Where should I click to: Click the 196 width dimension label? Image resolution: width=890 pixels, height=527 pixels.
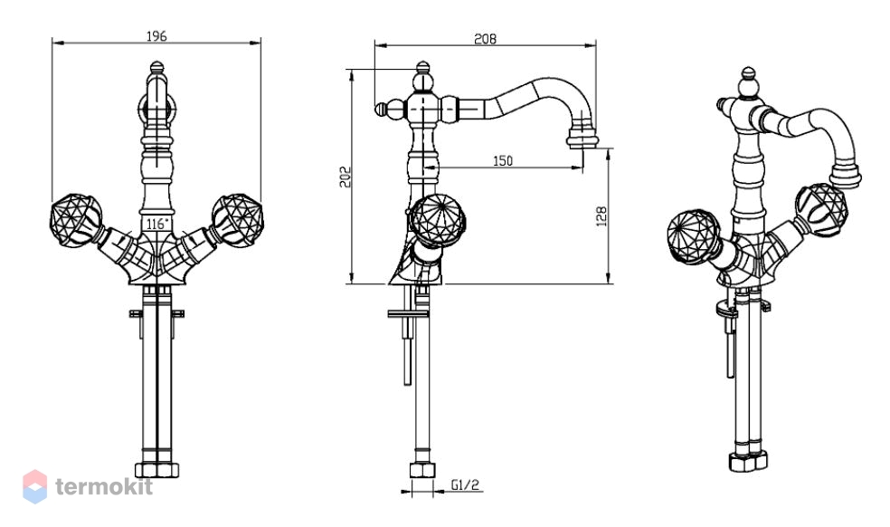[x=156, y=36]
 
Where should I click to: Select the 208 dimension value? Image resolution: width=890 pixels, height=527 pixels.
[x=485, y=39]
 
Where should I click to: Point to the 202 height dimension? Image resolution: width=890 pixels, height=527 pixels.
[x=346, y=177]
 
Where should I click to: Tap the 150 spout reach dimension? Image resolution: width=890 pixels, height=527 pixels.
[x=502, y=161]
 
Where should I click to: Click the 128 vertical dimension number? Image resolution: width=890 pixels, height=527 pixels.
[x=601, y=216]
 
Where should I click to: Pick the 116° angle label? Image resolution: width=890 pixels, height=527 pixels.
[x=157, y=224]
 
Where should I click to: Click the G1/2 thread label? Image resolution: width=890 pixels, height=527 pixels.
[x=466, y=485]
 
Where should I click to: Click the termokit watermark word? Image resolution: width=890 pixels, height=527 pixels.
[x=104, y=486]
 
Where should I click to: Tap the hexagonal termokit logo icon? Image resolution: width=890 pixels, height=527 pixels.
[x=34, y=486]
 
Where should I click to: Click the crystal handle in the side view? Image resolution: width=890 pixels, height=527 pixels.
[x=437, y=221]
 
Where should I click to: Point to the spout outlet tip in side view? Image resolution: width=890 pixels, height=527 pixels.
[x=582, y=139]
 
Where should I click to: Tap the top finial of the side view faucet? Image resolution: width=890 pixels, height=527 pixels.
[x=422, y=72]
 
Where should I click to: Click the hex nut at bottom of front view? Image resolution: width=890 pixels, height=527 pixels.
[x=157, y=470]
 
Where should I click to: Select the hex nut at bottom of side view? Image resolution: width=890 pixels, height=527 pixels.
[x=422, y=470]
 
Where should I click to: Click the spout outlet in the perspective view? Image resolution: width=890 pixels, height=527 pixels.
[x=845, y=174]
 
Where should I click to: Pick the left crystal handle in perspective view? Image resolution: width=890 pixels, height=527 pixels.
[x=694, y=237]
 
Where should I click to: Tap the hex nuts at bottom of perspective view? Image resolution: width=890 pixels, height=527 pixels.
[x=748, y=461]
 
